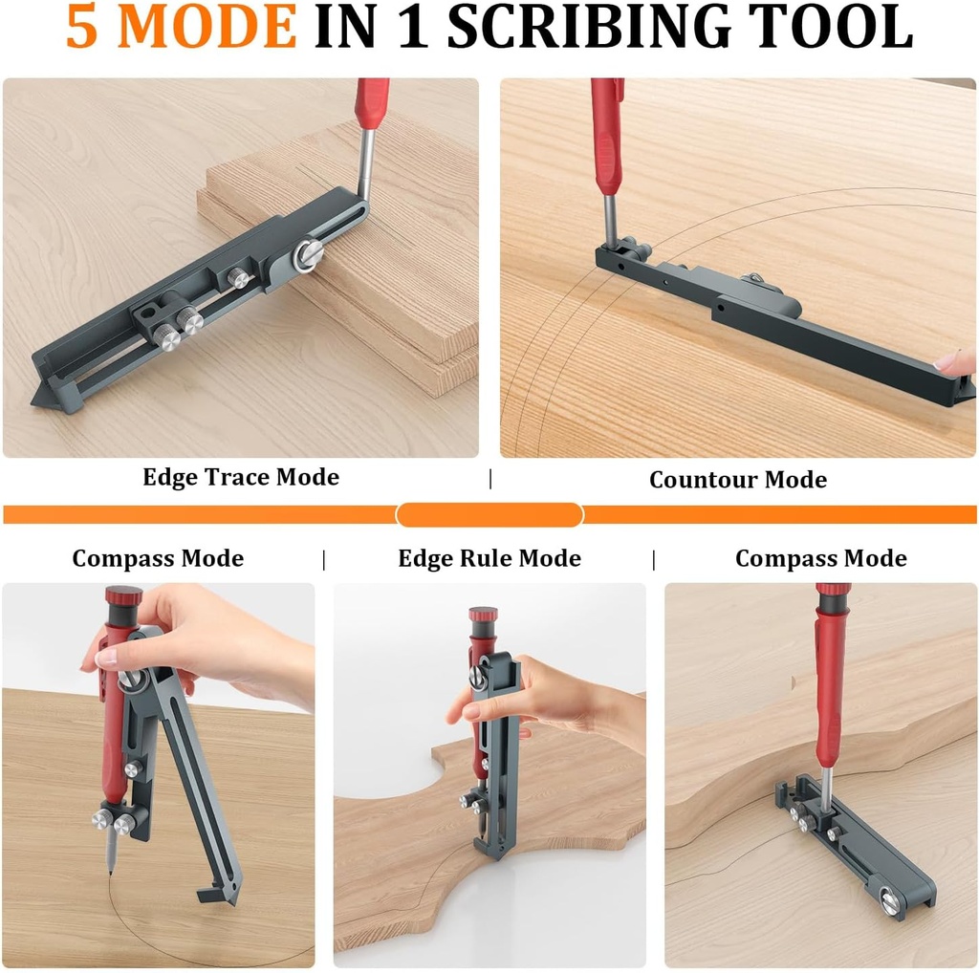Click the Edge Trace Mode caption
coord(241,477)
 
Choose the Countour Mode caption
coord(738,480)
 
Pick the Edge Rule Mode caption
coord(489,558)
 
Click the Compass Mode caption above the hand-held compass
coord(158,558)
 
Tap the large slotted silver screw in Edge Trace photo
coord(308,254)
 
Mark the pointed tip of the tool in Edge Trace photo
coord(37,401)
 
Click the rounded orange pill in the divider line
coord(489,515)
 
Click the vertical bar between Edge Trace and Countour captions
coord(490,479)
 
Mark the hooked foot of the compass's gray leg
coord(213,895)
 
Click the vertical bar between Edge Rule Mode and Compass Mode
coord(654,559)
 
